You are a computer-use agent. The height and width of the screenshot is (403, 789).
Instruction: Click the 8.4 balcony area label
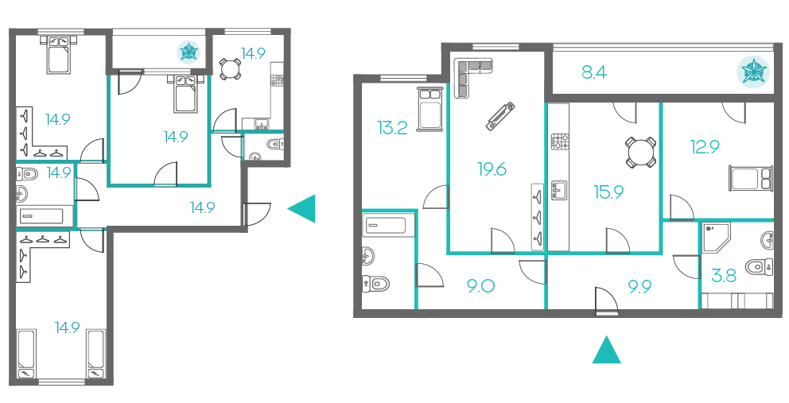click(594, 72)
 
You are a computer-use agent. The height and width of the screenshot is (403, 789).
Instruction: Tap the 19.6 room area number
click(492, 169)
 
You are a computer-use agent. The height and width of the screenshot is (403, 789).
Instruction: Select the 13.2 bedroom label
click(392, 128)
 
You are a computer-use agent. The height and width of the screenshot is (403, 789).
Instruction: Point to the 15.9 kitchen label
click(609, 192)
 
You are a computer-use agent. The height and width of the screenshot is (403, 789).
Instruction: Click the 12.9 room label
click(705, 147)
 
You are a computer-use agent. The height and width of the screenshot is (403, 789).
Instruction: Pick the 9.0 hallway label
click(480, 286)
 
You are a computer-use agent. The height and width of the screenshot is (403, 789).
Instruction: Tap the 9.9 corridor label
click(639, 286)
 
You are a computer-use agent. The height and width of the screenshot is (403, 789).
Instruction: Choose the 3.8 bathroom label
click(724, 276)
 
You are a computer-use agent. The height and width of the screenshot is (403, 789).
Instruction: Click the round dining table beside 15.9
click(640, 152)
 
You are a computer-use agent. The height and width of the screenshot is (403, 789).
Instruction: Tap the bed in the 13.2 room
click(430, 109)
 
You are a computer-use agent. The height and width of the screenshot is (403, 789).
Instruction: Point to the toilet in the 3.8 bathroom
click(760, 266)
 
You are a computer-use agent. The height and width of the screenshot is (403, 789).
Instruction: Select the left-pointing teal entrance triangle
click(301, 208)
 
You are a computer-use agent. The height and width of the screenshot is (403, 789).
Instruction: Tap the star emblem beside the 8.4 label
click(754, 71)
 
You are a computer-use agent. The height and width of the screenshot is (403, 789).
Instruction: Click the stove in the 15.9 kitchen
click(560, 141)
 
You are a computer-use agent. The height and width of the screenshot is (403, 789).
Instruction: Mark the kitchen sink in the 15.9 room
click(559, 191)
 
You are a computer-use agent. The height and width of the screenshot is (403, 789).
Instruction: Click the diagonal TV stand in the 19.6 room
click(500, 116)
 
